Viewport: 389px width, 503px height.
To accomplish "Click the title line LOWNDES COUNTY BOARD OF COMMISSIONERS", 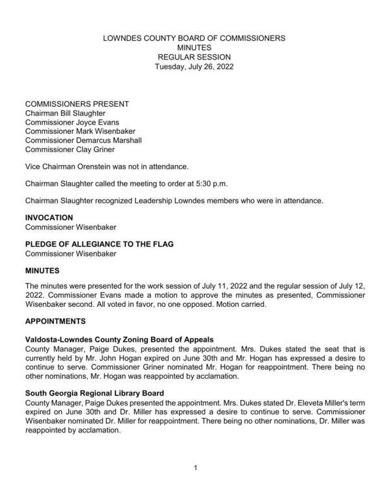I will [x=194, y=38].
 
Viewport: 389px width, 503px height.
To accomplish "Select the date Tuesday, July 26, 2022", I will [x=194, y=66].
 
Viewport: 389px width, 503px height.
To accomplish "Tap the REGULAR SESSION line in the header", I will [x=194, y=57].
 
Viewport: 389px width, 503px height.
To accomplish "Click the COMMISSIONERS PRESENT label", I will [x=77, y=104].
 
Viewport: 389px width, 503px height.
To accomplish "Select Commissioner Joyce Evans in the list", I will [x=72, y=122].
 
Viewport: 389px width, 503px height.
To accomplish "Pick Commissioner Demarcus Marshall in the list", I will [x=83, y=140].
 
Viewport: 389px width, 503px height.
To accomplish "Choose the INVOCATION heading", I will [x=49, y=218].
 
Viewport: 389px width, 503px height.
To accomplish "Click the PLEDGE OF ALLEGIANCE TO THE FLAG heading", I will [x=99, y=244].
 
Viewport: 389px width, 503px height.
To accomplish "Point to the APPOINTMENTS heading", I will [x=55, y=321].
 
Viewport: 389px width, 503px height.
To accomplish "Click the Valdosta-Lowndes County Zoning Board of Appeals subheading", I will [x=119, y=339].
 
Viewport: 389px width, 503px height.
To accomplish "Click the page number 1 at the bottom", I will [x=195, y=467].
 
